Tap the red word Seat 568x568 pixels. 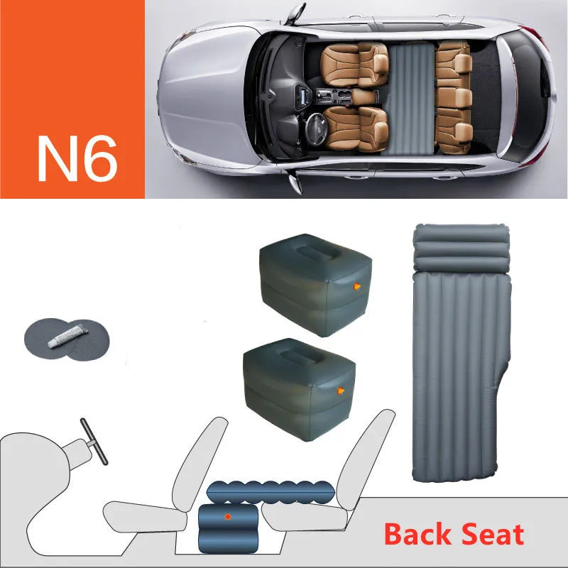click(489, 534)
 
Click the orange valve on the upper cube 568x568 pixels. click(356, 287)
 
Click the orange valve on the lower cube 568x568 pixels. click(342, 389)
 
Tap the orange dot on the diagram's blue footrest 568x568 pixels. click(227, 515)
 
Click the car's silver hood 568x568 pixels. click(206, 99)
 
